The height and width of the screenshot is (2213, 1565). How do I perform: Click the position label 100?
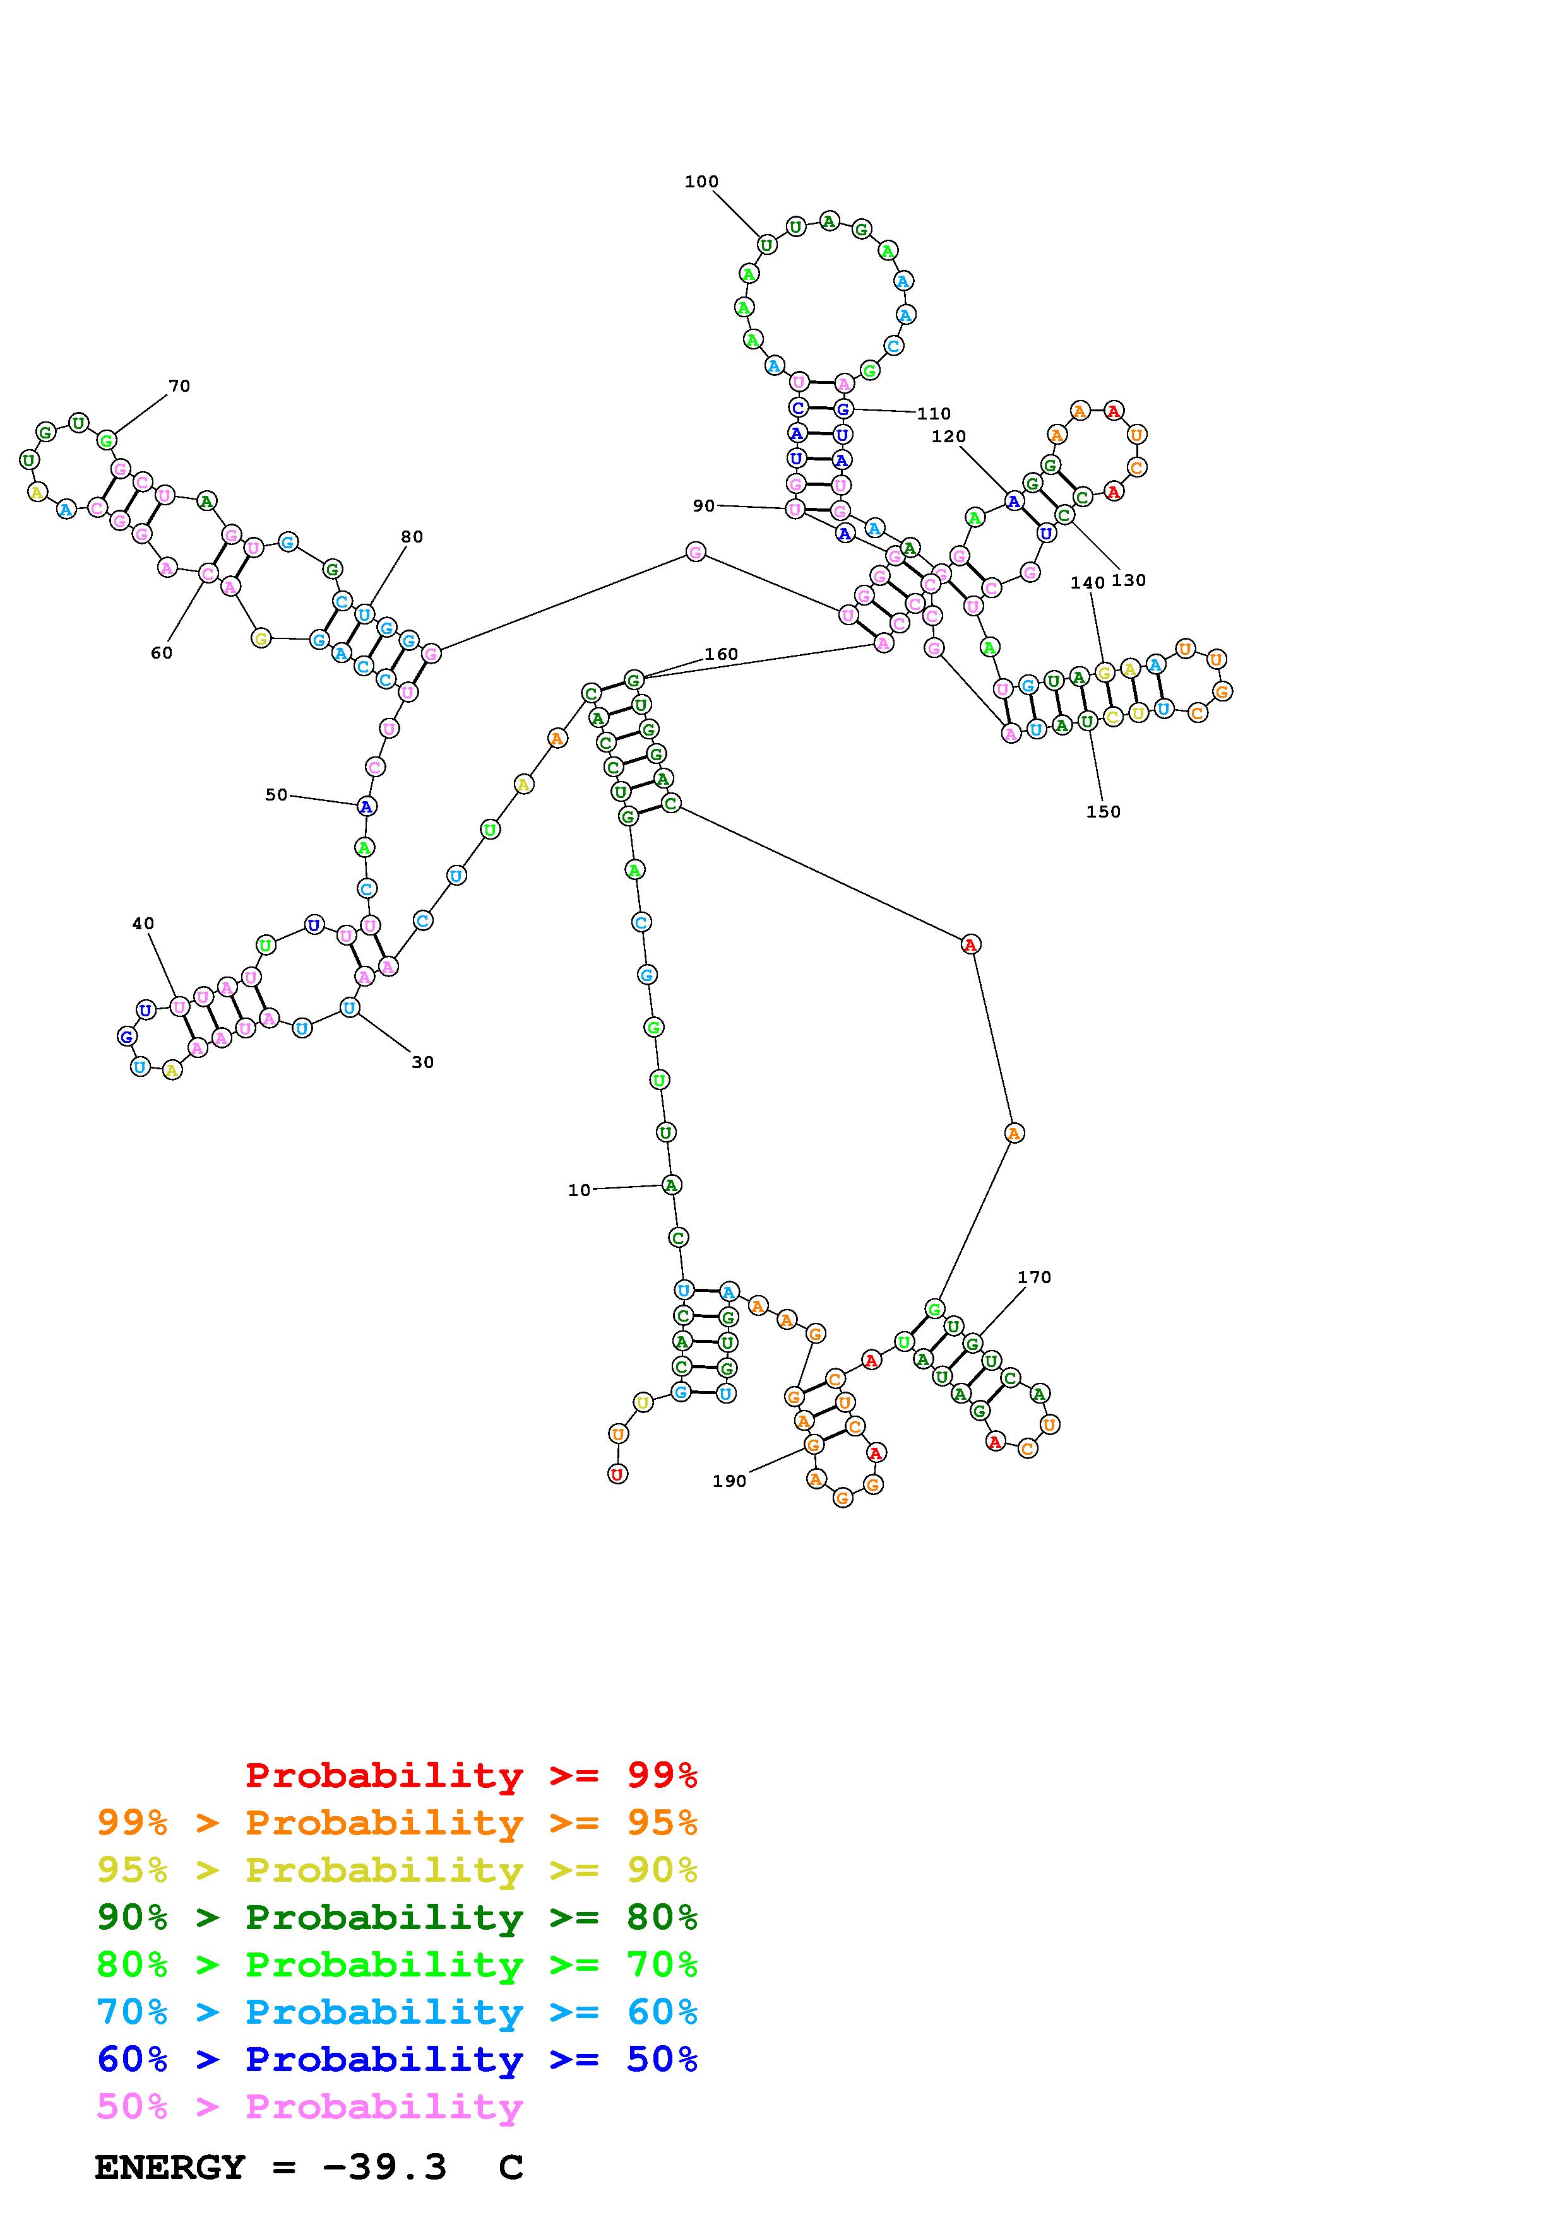pos(701,181)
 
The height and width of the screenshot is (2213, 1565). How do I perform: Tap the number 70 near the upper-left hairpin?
pos(179,385)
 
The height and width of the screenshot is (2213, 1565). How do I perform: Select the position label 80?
pos(412,537)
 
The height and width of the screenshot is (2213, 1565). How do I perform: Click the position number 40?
pos(143,924)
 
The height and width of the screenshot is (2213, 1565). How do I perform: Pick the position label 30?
pos(422,1062)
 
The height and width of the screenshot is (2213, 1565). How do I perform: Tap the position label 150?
pos(1103,811)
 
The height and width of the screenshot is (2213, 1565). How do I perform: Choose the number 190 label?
pos(729,1481)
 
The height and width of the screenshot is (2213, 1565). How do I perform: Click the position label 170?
pos(1033,1277)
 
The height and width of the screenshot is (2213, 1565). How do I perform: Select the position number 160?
pos(720,654)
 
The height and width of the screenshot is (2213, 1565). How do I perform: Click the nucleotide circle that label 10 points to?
pos(671,1185)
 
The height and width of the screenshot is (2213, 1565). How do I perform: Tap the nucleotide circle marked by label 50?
pos(366,806)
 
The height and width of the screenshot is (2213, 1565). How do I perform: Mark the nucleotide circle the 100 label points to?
pos(766,245)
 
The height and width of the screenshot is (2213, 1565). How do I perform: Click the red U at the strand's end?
pos(617,1474)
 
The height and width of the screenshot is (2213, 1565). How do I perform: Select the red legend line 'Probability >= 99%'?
pos(472,1775)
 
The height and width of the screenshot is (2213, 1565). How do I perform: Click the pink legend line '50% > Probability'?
pos(309,2107)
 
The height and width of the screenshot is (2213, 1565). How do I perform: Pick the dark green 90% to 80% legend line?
pos(397,1917)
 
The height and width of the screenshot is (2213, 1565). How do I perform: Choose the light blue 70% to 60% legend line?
pos(397,2012)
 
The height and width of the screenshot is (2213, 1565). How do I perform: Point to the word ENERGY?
pos(170,2167)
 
